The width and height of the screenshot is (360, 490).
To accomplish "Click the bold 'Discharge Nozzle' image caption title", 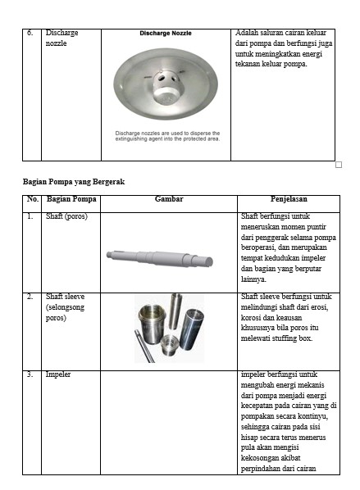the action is tap(166, 33).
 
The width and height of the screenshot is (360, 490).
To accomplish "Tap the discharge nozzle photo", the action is tap(166, 84).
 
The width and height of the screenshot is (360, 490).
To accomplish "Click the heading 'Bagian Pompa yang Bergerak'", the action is tap(74, 182).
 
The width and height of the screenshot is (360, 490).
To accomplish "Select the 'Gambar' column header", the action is tap(169, 199).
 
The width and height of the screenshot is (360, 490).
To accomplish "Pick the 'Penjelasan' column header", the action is tap(289, 199).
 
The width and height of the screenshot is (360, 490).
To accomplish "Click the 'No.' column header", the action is tap(33, 199).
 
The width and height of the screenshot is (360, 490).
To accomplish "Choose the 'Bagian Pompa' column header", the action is tap(71, 199).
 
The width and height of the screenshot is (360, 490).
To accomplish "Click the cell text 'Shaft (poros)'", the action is tap(66, 216).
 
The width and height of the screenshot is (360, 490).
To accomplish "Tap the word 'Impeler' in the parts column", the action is tap(58, 374).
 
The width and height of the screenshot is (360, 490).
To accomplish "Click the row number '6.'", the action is tap(30, 33).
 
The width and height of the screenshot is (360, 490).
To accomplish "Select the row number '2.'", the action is tap(30, 297).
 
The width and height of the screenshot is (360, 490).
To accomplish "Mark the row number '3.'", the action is tap(30, 374).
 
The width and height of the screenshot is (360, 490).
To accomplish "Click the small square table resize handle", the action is tap(339, 165).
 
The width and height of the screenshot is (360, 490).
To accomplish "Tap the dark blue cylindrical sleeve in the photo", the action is tap(191, 329).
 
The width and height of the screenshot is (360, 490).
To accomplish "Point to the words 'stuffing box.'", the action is tap(292, 338).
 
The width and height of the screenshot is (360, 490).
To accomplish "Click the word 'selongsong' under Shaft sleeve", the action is tap(65, 307).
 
